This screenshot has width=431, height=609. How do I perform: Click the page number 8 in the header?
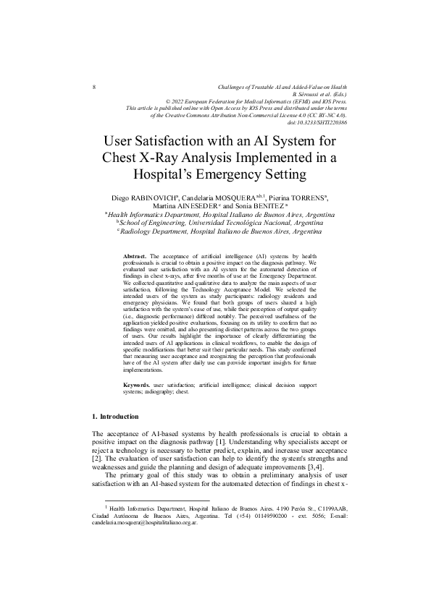(95, 87)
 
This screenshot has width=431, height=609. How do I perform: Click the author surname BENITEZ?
(275, 206)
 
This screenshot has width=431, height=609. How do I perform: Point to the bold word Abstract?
(135, 257)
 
